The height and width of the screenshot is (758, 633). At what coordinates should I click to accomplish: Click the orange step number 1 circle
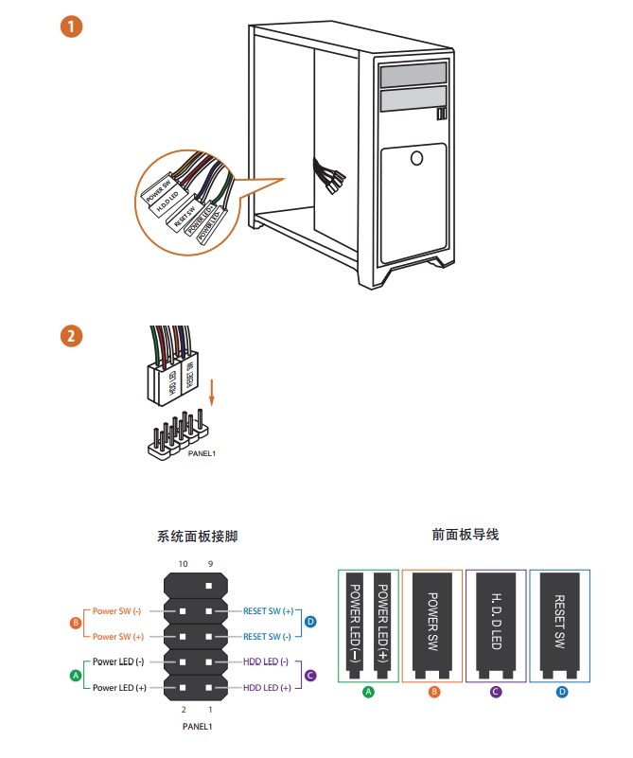click(72, 26)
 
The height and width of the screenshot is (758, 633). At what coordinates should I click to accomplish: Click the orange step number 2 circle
click(72, 336)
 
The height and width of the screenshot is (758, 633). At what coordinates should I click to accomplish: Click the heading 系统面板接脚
click(197, 537)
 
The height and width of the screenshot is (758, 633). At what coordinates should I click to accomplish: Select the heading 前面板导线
click(465, 535)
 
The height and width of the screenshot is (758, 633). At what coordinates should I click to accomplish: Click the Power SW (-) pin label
click(118, 611)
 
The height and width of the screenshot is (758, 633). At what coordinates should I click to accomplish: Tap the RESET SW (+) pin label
click(269, 611)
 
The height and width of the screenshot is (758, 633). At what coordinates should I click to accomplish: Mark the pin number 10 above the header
click(184, 565)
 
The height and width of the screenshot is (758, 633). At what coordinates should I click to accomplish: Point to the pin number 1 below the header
click(211, 708)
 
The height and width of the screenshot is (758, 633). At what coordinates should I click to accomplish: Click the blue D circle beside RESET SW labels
click(309, 624)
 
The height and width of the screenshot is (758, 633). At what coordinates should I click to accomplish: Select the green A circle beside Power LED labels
click(76, 675)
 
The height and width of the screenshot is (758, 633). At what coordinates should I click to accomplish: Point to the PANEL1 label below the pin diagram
click(197, 727)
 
